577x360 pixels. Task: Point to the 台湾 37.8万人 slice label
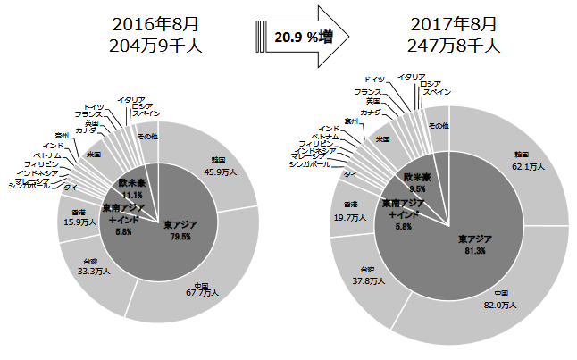click(367, 275)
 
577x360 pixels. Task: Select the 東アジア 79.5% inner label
click(181, 229)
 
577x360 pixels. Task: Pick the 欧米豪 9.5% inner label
click(418, 183)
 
